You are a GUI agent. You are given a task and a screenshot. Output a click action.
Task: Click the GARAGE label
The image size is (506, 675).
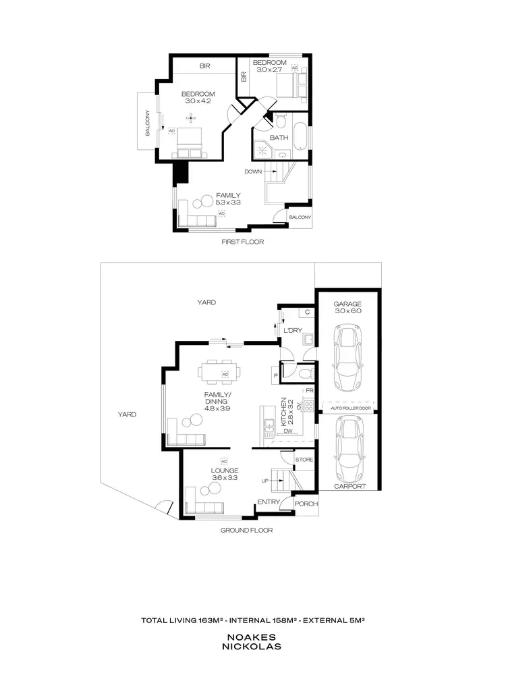click(x=348, y=304)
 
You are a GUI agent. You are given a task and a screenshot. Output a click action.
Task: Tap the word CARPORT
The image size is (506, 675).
click(x=349, y=486)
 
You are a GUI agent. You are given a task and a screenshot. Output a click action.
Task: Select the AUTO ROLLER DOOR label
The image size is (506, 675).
click(x=349, y=408)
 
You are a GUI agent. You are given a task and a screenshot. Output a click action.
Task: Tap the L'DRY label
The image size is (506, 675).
click(x=292, y=330)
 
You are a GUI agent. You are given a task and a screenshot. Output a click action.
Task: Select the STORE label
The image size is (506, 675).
click(x=304, y=460)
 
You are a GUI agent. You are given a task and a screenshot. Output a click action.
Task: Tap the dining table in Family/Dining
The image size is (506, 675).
click(x=223, y=371)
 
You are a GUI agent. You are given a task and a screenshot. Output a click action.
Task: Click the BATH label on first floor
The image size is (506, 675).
click(x=279, y=138)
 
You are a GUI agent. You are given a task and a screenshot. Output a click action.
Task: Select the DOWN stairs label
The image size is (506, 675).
click(x=253, y=171)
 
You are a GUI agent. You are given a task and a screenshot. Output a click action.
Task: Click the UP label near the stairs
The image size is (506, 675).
click(x=265, y=481)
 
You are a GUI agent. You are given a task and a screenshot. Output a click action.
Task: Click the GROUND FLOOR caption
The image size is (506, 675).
click(x=247, y=531)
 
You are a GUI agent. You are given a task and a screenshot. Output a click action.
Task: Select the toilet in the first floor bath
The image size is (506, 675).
click(x=281, y=122)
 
